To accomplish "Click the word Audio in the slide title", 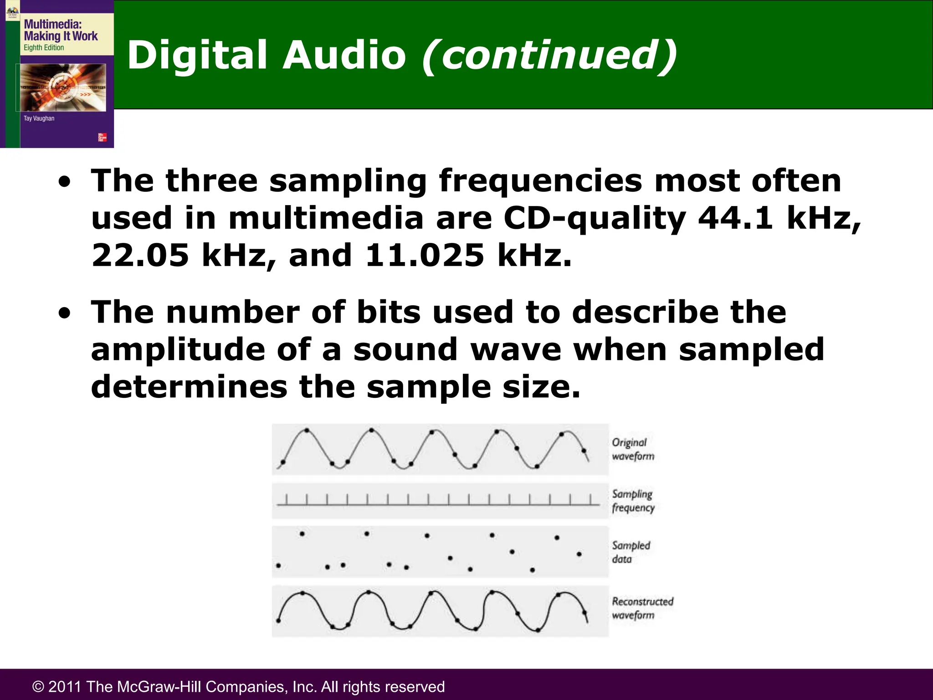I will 343,55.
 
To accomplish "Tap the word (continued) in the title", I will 549,55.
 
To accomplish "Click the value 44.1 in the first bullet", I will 735,218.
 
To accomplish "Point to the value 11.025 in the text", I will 425,255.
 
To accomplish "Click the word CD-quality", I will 594,218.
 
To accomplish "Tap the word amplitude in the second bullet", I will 178,350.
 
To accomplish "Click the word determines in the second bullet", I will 189,387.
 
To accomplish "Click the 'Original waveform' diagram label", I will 633,449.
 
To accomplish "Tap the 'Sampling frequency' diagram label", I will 633,501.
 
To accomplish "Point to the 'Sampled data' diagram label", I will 631,552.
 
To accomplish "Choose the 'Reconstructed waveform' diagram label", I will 642,608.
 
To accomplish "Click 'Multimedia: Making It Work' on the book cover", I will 60,30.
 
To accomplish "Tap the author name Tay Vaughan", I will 39,118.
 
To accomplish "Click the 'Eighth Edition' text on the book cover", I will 44,48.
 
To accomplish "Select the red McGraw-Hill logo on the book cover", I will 103,137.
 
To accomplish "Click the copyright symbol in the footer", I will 38,687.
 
